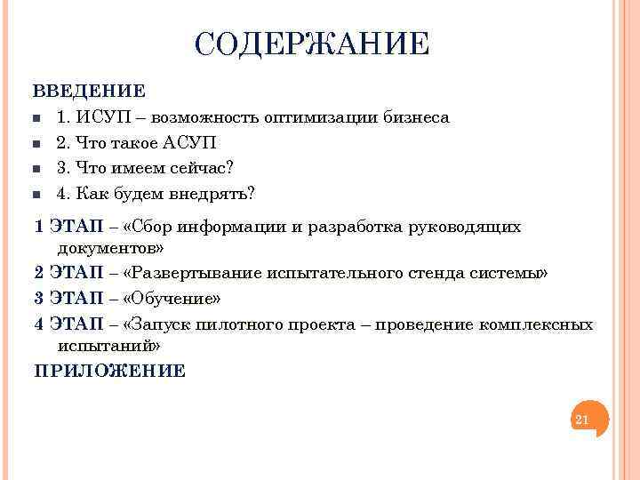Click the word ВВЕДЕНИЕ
coord(89,91)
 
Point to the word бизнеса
coord(417,117)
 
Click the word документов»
coord(110,248)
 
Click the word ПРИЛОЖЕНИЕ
coord(109,371)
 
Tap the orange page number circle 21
coord(584,419)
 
